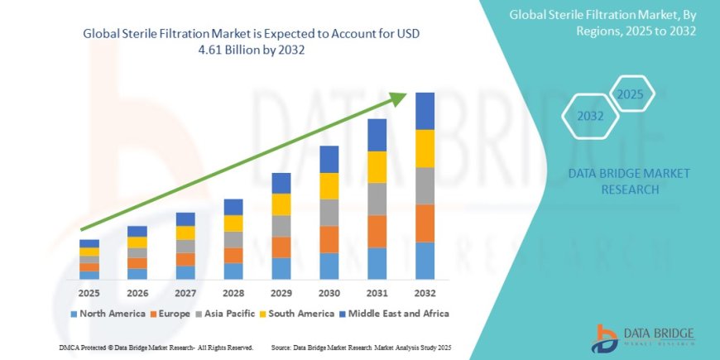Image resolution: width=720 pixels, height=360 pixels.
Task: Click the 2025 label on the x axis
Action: pyautogui.click(x=89, y=292)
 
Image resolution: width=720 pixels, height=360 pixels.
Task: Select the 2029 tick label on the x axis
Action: pyautogui.click(x=281, y=292)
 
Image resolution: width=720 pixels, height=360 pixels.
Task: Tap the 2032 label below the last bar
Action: pyautogui.click(x=425, y=292)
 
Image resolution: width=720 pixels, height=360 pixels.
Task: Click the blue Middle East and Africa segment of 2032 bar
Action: pyautogui.click(x=425, y=111)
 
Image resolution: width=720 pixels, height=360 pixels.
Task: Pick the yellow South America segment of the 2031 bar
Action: pyautogui.click(x=377, y=167)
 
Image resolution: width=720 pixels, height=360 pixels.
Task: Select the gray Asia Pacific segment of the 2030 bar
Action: pyautogui.click(x=329, y=213)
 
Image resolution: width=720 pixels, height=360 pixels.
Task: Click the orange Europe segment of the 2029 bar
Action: pyautogui.click(x=281, y=247)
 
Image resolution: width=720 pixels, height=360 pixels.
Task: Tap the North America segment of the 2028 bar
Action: pyautogui.click(x=233, y=271)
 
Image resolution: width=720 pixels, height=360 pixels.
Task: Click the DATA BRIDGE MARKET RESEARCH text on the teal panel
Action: pyautogui.click(x=630, y=181)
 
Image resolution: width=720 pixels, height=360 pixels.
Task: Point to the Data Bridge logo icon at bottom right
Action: pyautogui.click(x=607, y=337)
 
